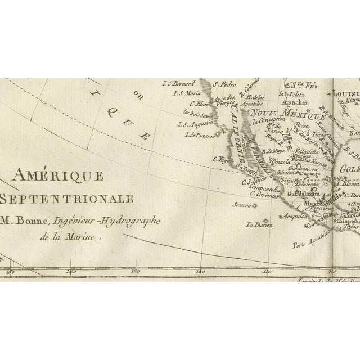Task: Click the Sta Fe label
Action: click(303, 85)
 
